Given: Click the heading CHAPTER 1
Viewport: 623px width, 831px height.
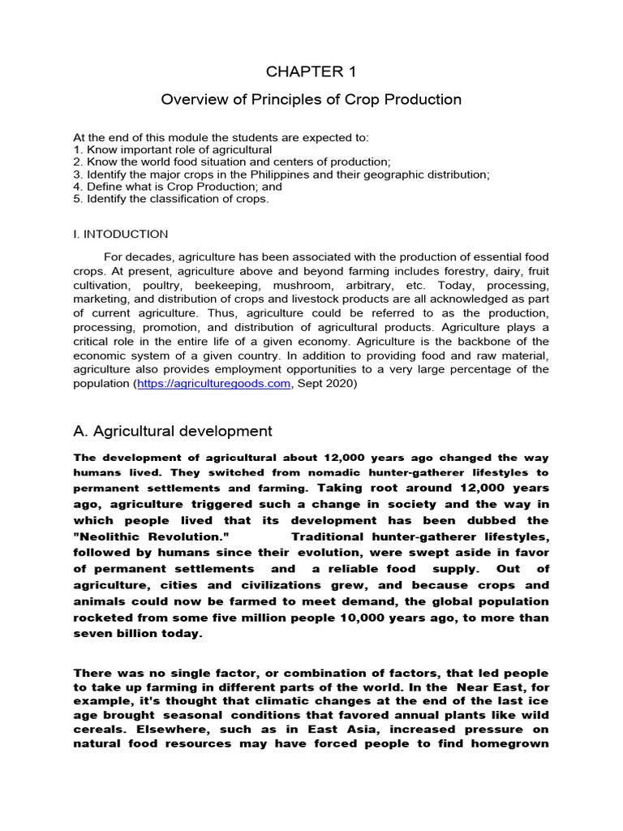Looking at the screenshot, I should tap(311, 71).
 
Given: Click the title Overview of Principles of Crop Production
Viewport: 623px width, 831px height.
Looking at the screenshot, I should tap(311, 100).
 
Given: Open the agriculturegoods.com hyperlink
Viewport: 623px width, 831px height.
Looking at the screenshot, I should tap(213, 384).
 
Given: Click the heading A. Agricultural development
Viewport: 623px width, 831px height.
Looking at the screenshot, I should tap(173, 430).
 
